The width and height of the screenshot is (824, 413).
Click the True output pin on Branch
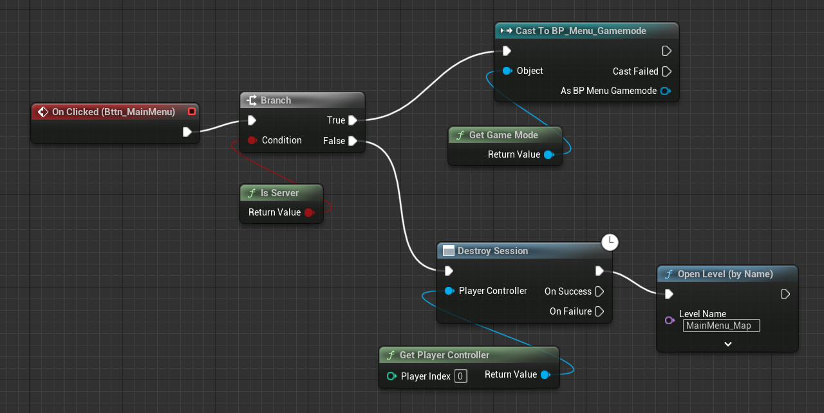pyautogui.click(x=352, y=120)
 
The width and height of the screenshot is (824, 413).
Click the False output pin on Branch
pyautogui.click(x=352, y=141)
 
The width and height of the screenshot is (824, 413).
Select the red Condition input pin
pyautogui.click(x=252, y=140)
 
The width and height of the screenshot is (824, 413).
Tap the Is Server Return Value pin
pyautogui.click(x=309, y=212)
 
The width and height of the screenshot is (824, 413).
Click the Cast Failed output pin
pyautogui.click(x=666, y=71)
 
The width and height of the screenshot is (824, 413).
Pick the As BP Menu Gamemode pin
pyautogui.click(x=665, y=91)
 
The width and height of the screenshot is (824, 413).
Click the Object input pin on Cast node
pyautogui.click(x=507, y=71)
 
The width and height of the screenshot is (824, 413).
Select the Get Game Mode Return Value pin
pyautogui.click(x=548, y=154)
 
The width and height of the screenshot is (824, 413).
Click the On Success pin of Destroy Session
pyautogui.click(x=599, y=291)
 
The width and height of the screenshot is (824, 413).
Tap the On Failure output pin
pyautogui.click(x=599, y=311)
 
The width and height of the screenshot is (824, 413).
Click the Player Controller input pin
pyautogui.click(x=449, y=291)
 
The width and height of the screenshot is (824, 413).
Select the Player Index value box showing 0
pyautogui.click(x=460, y=376)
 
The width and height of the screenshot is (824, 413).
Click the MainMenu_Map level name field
pyautogui.click(x=721, y=326)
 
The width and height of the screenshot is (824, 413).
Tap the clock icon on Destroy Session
pyautogui.click(x=610, y=242)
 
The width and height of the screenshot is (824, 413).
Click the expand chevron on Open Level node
pyautogui.click(x=727, y=344)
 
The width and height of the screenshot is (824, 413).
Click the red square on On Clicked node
pyautogui.click(x=191, y=111)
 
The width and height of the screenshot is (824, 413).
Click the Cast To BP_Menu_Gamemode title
pyautogui.click(x=580, y=31)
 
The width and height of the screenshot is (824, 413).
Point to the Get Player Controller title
pyautogui.click(x=444, y=355)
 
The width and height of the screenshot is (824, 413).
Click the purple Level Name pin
pyautogui.click(x=669, y=320)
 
